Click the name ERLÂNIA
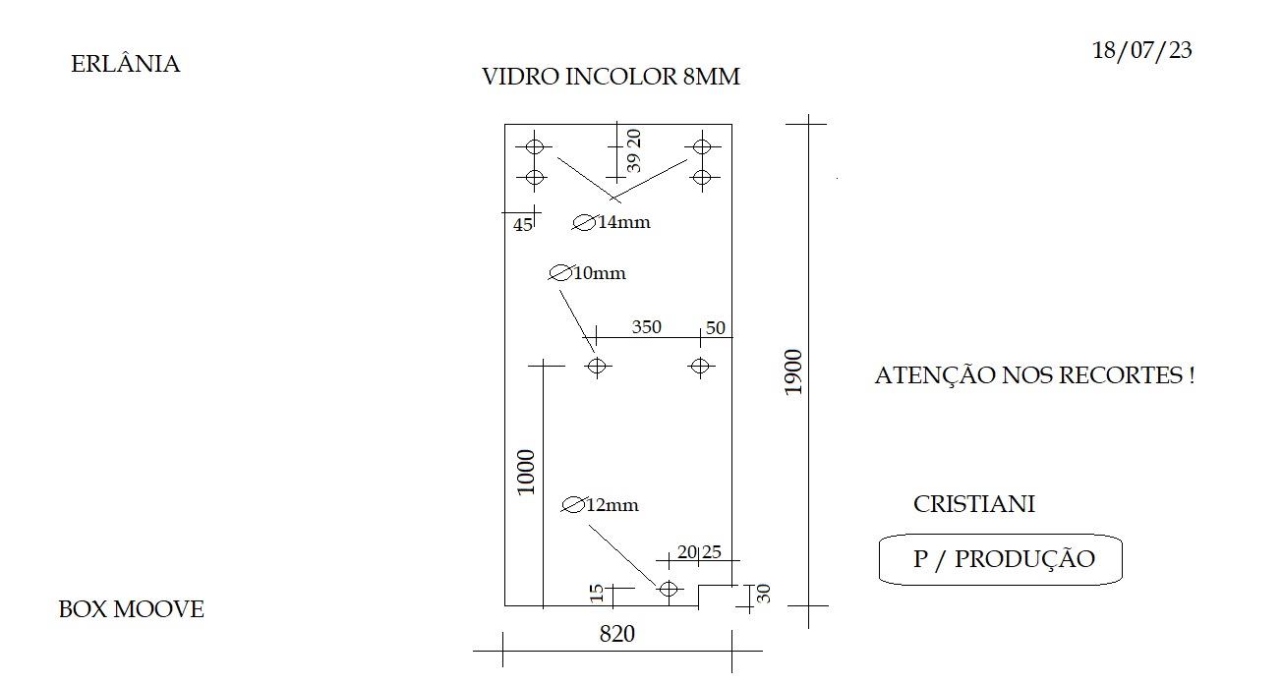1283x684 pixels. click(x=126, y=63)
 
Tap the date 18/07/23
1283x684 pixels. click(x=1142, y=50)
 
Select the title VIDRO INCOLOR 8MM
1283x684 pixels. click(x=611, y=77)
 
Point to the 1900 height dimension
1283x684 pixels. click(x=793, y=372)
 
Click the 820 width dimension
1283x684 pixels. click(x=616, y=634)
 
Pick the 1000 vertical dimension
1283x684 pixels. click(x=526, y=473)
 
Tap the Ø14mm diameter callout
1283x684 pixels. click(x=612, y=222)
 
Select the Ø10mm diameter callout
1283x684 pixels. click(x=587, y=273)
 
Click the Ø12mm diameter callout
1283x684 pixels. click(x=600, y=505)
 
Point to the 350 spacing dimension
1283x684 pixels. click(x=647, y=327)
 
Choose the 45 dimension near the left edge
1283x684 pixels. click(x=522, y=225)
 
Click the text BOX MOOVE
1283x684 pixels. click(x=131, y=609)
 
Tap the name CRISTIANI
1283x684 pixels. click(x=973, y=504)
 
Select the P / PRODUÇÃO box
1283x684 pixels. click(x=1001, y=559)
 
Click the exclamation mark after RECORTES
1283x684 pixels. click(x=1192, y=375)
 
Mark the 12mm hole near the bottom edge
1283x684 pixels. click(x=669, y=589)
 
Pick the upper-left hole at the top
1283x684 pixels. click(x=535, y=146)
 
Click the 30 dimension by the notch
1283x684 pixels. click(x=764, y=594)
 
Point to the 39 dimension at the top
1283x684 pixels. click(x=633, y=162)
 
